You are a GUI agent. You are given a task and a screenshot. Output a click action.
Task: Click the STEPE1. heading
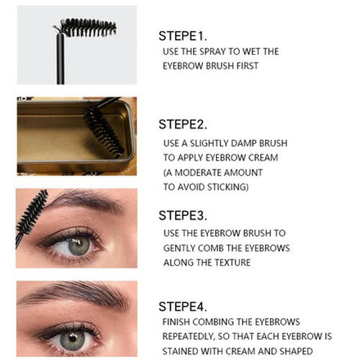pyautogui.click(x=182, y=36)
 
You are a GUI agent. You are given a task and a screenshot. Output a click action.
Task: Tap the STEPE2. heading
pyautogui.click(x=182, y=125)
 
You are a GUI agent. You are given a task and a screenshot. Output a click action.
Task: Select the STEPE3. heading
pyautogui.click(x=182, y=215)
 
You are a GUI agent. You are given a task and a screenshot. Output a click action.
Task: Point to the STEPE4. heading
pyautogui.click(x=182, y=307)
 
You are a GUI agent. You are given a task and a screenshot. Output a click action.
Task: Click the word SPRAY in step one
pyautogui.click(x=212, y=51)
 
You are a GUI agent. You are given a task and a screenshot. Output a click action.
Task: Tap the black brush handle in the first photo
pyautogui.click(x=60, y=59)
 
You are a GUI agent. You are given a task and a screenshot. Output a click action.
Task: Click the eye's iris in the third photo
pyautogui.click(x=78, y=246)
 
